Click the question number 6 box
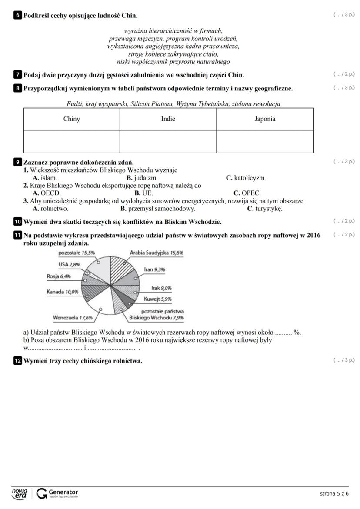click(x=18, y=16)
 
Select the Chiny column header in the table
click(x=72, y=119)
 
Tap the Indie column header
click(x=168, y=119)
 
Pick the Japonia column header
click(x=265, y=119)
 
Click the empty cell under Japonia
click(x=265, y=141)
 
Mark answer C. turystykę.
click(x=264, y=209)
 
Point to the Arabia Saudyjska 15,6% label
click(x=157, y=253)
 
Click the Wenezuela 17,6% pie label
click(x=73, y=318)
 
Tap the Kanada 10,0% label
click(x=63, y=292)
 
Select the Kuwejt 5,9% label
click(x=157, y=299)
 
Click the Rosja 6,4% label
click(x=58, y=276)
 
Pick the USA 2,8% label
click(x=70, y=264)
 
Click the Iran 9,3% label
click(x=154, y=269)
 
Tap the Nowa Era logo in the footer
click(x=20, y=493)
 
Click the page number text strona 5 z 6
click(x=334, y=493)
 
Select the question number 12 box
click(x=18, y=361)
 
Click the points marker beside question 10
click(x=344, y=221)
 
